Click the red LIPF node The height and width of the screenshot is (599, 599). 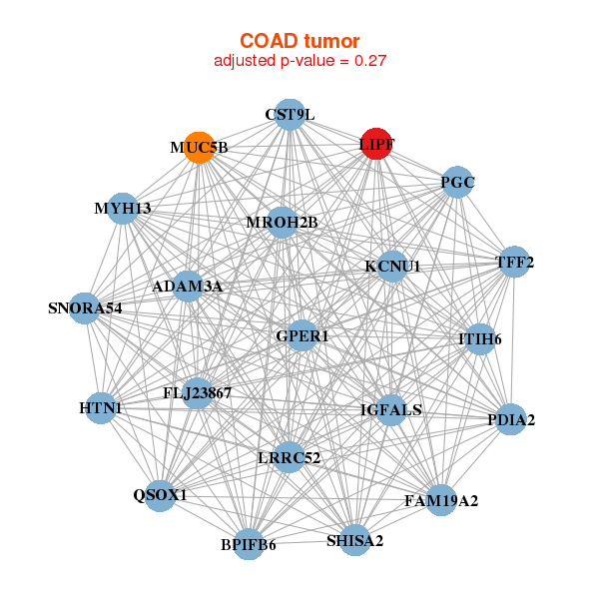click(x=376, y=144)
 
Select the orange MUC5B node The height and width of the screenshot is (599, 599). click(x=200, y=148)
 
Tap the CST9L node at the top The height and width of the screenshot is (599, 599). click(x=289, y=114)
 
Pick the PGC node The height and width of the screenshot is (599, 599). click(x=456, y=182)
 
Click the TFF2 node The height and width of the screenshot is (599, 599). click(x=513, y=263)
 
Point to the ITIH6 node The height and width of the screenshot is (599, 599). click(x=479, y=339)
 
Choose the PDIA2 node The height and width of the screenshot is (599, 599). click(x=510, y=420)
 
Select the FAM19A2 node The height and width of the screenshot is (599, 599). click(x=441, y=499)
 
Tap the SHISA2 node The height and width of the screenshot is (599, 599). click(x=354, y=540)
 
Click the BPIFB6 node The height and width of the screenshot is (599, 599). click(x=249, y=544)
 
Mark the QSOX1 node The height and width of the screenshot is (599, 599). click(x=160, y=494)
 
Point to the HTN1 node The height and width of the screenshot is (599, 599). click(x=100, y=408)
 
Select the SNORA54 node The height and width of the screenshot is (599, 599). click(x=85, y=307)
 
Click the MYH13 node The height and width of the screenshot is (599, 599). click(x=123, y=208)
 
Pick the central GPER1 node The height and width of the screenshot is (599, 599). click(x=302, y=336)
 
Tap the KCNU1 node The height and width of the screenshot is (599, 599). click(x=392, y=267)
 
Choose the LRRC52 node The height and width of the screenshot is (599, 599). click(x=289, y=457)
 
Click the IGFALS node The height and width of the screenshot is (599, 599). click(x=391, y=409)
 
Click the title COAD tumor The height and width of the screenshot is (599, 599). click(x=299, y=40)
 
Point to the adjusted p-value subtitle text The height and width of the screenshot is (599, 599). click(x=299, y=61)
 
